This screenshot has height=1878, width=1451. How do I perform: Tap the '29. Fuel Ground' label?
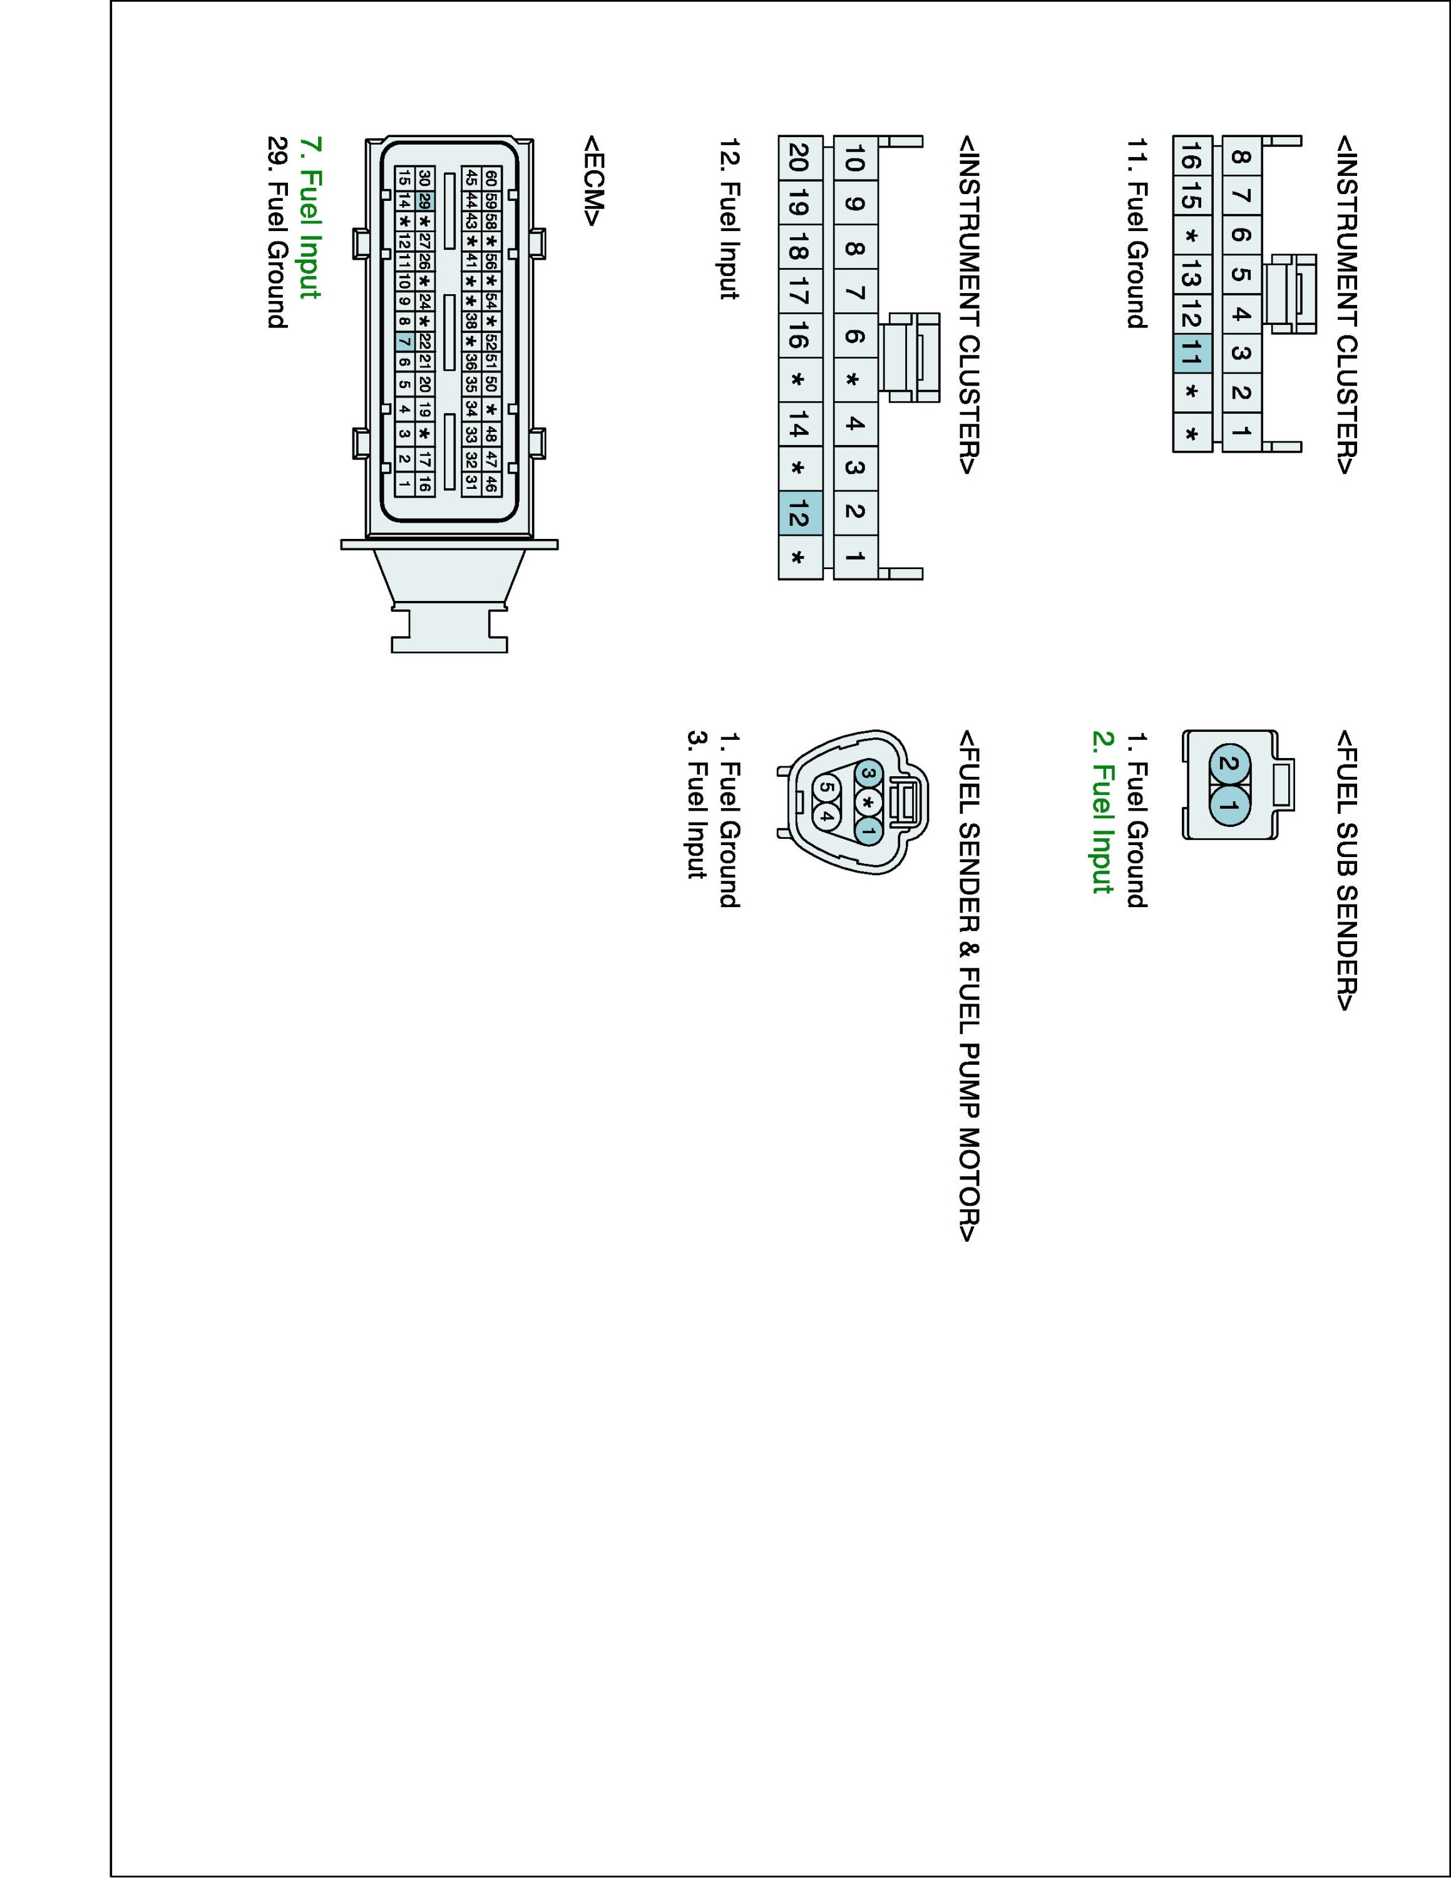tap(277, 232)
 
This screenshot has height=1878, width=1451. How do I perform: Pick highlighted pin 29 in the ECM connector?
tap(424, 201)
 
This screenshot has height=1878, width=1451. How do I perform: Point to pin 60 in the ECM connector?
tap(491, 178)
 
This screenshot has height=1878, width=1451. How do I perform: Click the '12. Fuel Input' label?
tap(729, 218)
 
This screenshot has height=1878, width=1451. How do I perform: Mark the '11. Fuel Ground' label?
tap(1136, 233)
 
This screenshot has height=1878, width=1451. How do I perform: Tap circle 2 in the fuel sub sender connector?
tap(1230, 764)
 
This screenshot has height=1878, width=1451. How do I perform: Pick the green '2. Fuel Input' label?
tap(1102, 812)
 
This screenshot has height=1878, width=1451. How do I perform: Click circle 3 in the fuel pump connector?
tap(869, 774)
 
